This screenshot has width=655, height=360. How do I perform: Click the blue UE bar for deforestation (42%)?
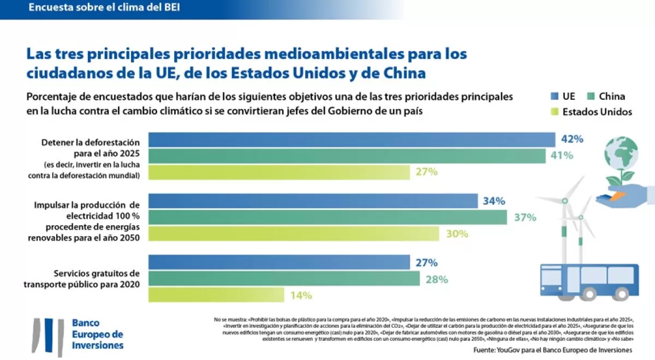pyautogui.click(x=352, y=140)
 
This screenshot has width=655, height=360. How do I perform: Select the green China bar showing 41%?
pyautogui.click(x=347, y=155)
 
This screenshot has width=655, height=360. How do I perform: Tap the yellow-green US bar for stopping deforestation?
pyautogui.click(x=279, y=172)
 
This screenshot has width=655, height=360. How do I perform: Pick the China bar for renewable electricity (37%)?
pyautogui.click(x=327, y=217)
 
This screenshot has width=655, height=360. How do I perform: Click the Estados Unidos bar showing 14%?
pyautogui.click(x=216, y=295)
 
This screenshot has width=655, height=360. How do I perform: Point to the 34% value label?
pyautogui.click(x=493, y=201)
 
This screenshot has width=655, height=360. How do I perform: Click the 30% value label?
pyautogui.click(x=457, y=233)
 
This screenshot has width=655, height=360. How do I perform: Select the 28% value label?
pyautogui.click(x=436, y=279)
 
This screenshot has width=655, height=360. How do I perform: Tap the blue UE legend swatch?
pyautogui.click(x=553, y=97)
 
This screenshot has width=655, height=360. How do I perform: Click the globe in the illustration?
pyautogui.click(x=621, y=153)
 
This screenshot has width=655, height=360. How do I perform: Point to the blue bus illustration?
pyautogui.click(x=589, y=281)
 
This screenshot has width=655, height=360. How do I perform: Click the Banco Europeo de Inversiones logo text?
pyautogui.click(x=98, y=334)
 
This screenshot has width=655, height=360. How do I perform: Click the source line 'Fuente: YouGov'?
pyautogui.click(x=552, y=349)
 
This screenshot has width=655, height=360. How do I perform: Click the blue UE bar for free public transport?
pyautogui.click(x=279, y=262)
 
